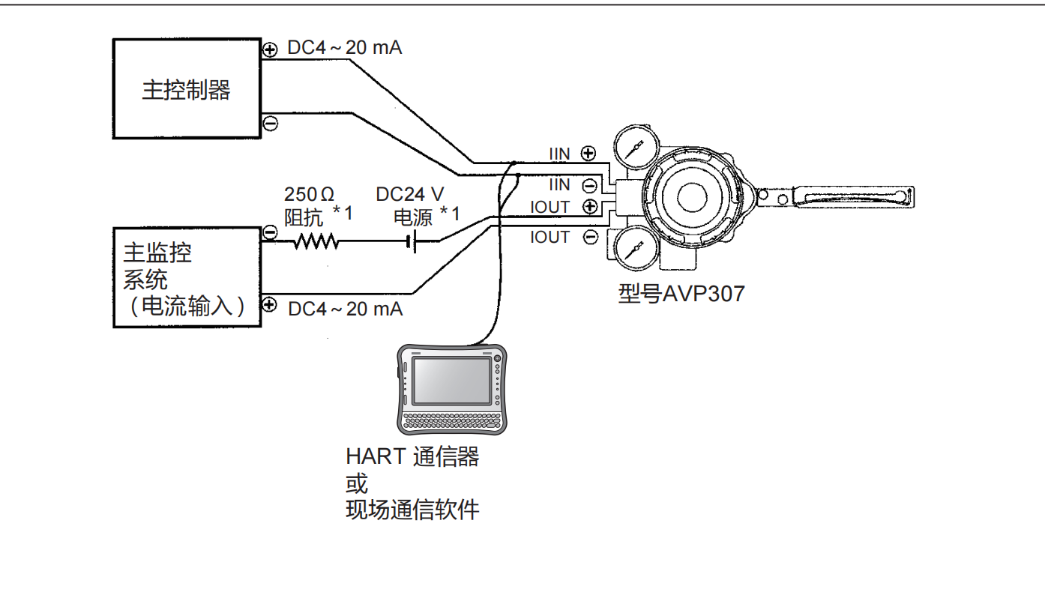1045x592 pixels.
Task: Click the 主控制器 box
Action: [186, 88]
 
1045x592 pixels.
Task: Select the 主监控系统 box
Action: [187, 277]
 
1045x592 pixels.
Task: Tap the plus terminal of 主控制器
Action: [271, 50]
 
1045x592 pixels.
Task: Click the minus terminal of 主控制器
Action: [271, 123]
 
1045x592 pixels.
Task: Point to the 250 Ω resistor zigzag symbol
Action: [316, 241]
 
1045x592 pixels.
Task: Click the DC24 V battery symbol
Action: [412, 241]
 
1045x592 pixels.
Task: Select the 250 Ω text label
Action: [309, 195]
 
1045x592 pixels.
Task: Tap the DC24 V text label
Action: [410, 195]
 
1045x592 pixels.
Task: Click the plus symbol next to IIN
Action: [588, 154]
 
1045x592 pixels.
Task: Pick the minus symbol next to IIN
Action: [589, 184]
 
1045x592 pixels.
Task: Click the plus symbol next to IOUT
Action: [590, 207]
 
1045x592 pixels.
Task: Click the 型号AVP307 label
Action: [681, 293]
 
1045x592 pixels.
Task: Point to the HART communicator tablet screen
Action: [448, 381]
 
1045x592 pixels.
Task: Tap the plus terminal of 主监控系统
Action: [271, 305]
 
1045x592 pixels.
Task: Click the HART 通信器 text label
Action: [412, 456]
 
